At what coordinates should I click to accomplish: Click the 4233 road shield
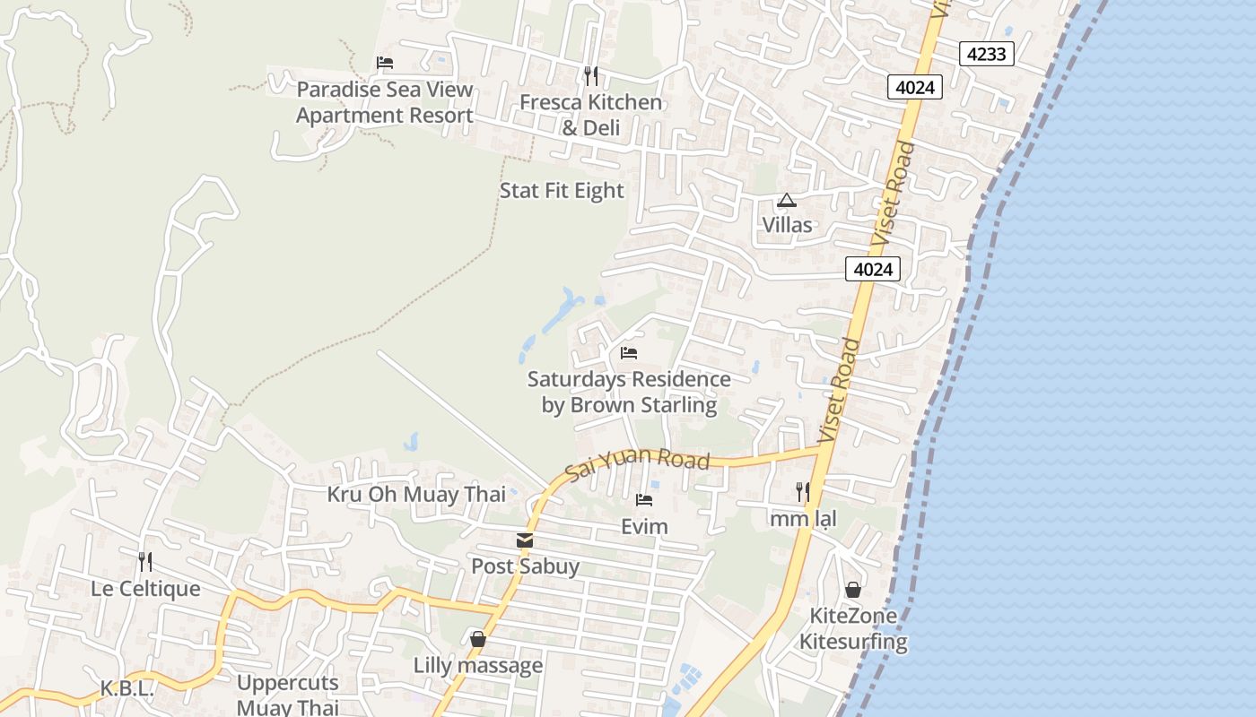(987, 54)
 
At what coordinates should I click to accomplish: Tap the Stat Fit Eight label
(562, 191)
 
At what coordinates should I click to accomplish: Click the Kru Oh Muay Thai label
(416, 494)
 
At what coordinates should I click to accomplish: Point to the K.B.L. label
(127, 689)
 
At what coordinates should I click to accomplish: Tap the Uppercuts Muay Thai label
(288, 695)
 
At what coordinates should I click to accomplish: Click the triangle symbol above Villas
(787, 200)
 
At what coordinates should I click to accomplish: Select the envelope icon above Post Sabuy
(525, 540)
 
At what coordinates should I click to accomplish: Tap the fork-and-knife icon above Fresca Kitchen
(590, 76)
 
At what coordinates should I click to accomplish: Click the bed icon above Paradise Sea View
(385, 63)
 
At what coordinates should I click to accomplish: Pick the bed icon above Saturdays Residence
(629, 353)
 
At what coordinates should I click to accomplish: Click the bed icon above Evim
(644, 500)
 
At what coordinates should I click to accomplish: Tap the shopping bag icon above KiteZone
(853, 590)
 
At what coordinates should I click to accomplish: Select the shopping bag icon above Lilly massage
(478, 639)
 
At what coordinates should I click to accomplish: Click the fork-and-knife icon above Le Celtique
(145, 562)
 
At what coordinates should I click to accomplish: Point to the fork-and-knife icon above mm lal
(803, 492)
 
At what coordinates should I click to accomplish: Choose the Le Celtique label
(145, 589)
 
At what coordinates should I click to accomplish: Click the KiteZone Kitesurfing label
(853, 629)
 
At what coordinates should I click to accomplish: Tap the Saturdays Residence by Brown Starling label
(629, 393)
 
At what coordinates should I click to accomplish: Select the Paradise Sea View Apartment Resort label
(385, 102)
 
